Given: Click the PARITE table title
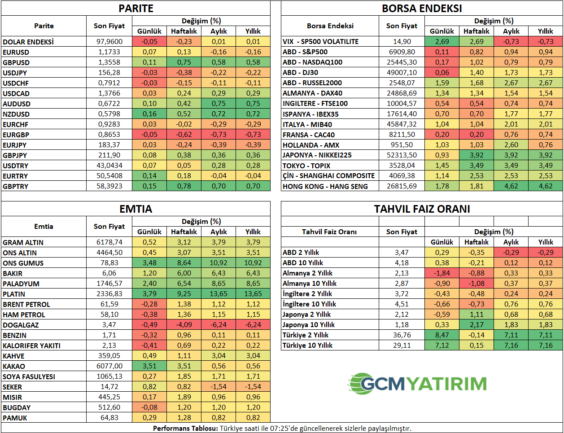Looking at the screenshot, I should coord(136,8).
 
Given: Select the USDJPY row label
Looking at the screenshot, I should coord(15,73).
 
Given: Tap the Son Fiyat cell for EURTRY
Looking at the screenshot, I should coord(109,176).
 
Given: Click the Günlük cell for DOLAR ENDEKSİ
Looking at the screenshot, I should coord(149,42).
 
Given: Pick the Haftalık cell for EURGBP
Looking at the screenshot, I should coord(184,135).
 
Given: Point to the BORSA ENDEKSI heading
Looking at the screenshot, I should coord(422,8).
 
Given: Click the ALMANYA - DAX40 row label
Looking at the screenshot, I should coord(312,93).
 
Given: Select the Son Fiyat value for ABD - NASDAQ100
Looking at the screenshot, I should coord(402,62).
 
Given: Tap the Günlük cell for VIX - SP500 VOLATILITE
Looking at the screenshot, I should coord(442,42).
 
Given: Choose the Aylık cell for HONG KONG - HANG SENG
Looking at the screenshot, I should coord(511,186).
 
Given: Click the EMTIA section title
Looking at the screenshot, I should coord(136,209).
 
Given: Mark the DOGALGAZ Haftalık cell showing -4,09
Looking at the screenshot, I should coord(184,325).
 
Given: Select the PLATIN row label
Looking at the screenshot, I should coord(14,294).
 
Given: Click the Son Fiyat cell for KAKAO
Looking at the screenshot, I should coord(109,366).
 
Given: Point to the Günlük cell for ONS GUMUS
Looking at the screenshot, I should coord(149,263).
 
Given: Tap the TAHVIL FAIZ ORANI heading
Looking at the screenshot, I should coord(422,209).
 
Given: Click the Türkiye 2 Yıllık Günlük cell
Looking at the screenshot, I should coord(442,335).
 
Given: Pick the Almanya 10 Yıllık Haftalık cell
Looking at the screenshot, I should coord(477,284).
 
